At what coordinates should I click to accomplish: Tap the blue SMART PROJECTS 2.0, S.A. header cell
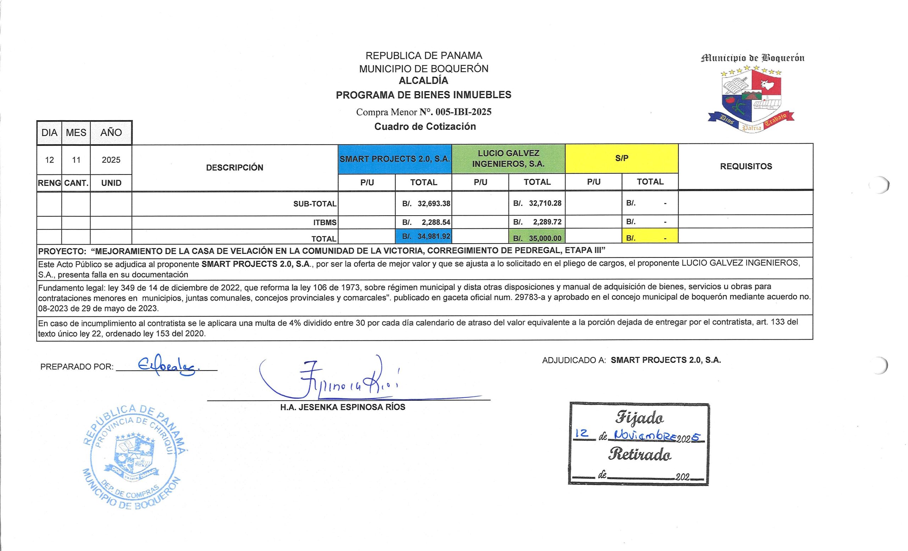point(395,159)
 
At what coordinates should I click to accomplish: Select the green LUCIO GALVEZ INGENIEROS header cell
point(508,159)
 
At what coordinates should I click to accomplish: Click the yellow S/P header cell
point(621,158)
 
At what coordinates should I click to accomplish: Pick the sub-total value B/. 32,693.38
point(427,204)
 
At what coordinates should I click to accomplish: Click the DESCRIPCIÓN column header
point(235,168)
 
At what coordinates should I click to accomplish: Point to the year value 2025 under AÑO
point(111,160)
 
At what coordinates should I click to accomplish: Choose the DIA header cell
point(49,133)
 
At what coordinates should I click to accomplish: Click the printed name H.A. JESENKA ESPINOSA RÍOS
point(342,407)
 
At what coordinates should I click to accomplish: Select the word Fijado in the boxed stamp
point(640,418)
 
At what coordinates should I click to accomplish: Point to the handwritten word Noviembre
point(641,435)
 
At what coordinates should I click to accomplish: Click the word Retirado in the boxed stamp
point(640,455)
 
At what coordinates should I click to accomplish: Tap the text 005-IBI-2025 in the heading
point(463,112)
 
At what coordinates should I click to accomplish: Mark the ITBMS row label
point(325,222)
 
